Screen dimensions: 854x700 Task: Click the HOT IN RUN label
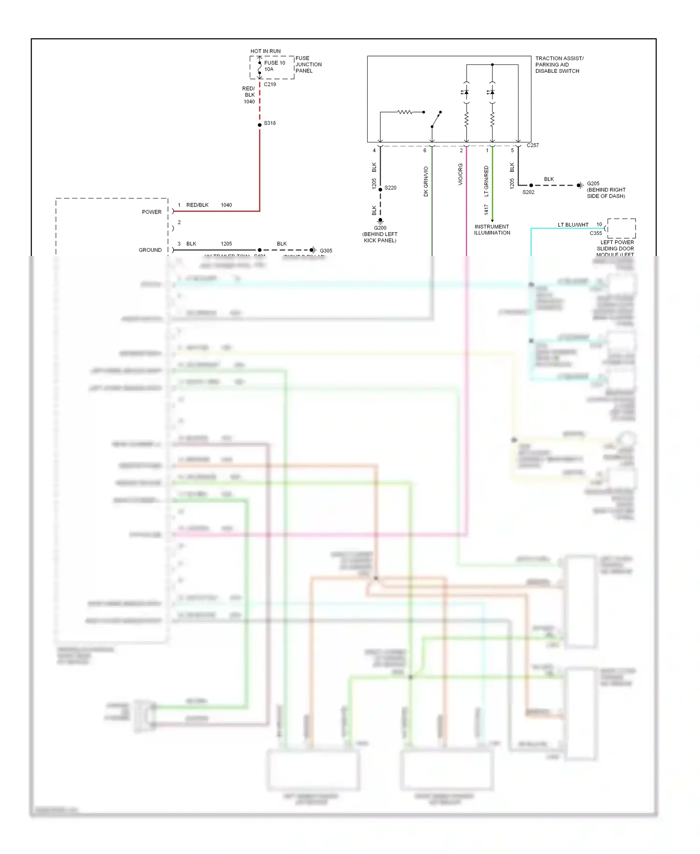(266, 51)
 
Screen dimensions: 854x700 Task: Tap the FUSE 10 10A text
(274, 66)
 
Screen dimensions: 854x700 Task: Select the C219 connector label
(270, 85)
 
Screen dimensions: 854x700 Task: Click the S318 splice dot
(260, 125)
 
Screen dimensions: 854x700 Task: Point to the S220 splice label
(391, 188)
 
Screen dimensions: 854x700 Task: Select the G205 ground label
(593, 184)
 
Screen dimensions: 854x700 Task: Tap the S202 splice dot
(531, 185)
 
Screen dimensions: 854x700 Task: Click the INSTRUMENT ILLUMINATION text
(492, 230)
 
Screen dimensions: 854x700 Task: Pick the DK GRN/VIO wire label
(426, 181)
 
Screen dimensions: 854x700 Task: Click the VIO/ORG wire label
(461, 174)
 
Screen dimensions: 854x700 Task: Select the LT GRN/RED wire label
(486, 181)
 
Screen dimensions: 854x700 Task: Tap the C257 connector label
(532, 145)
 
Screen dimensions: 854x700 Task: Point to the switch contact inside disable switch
(436, 120)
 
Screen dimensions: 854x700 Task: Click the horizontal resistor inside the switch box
(405, 112)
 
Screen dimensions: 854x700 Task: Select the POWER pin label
(152, 212)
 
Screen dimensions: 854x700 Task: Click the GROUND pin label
(150, 250)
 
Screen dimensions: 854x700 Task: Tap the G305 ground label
(326, 251)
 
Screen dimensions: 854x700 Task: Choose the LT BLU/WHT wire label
(573, 225)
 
